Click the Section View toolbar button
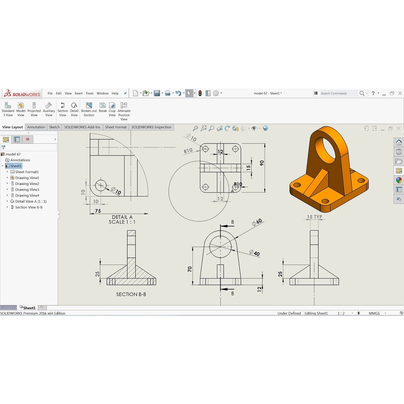[x=63, y=109]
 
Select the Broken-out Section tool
[x=89, y=109]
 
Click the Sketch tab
[x=54, y=127]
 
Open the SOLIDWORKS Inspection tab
[x=151, y=127]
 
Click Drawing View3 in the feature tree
[x=27, y=190]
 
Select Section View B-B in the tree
[x=28, y=207]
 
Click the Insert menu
[x=79, y=94]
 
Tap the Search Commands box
[x=338, y=94]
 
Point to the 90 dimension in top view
[x=262, y=163]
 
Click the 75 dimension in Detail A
[x=98, y=211]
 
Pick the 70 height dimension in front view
[x=190, y=269]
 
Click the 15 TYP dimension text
[x=314, y=217]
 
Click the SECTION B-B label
[x=131, y=294]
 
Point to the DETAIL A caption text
[x=122, y=217]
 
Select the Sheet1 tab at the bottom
[x=29, y=308]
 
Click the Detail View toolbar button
[x=74, y=109]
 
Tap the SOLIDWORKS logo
[x=22, y=94]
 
